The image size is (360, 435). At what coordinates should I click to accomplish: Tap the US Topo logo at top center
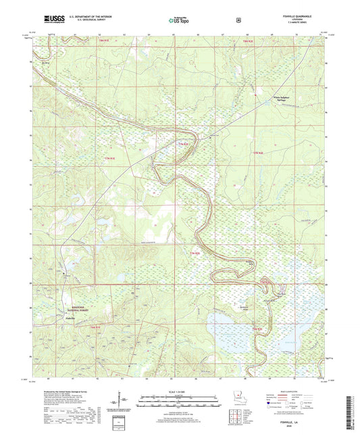coord(178,20)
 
